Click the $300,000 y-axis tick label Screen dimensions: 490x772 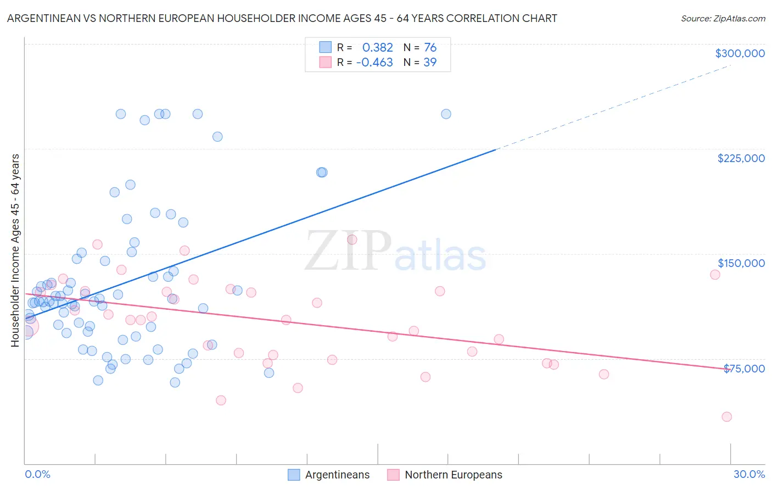point(740,53)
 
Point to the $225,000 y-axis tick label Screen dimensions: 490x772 point(741,158)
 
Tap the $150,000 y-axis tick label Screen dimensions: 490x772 point(741,263)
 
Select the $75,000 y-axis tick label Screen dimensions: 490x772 point(744,369)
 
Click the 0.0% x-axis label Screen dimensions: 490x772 point(37,474)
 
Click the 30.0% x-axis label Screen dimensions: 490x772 point(749,474)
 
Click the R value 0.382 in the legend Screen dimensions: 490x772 point(377,47)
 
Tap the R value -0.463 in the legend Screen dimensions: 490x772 point(374,62)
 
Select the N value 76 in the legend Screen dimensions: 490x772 point(430,47)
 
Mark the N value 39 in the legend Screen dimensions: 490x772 point(430,62)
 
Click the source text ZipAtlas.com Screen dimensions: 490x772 point(723,18)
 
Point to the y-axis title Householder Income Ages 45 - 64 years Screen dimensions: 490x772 point(15,250)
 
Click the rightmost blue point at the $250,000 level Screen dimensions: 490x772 point(446,114)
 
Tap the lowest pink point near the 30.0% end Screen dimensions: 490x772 point(726,417)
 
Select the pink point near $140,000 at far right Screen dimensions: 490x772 point(715,275)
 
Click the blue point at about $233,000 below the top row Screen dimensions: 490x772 point(217,137)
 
